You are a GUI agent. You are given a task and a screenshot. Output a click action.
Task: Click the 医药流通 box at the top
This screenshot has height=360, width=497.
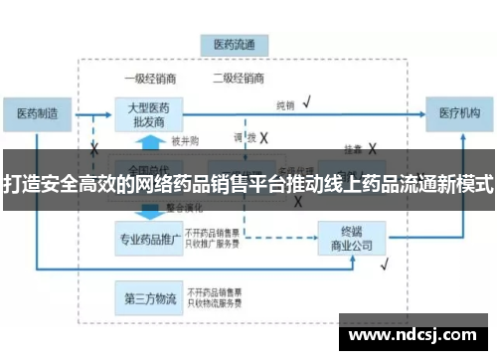pyautogui.click(x=235, y=46)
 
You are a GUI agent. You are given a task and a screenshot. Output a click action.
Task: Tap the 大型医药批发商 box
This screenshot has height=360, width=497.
pyautogui.click(x=147, y=113)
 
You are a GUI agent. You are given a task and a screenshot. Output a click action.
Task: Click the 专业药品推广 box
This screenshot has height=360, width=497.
pyautogui.click(x=147, y=239)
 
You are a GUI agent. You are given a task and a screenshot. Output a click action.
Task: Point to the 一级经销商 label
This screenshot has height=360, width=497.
pyautogui.click(x=147, y=79)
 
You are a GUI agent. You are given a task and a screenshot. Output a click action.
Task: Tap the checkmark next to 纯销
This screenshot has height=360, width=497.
pyautogui.click(x=308, y=101)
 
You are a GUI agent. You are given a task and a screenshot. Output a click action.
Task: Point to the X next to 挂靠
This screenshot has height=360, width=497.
pyautogui.click(x=373, y=147)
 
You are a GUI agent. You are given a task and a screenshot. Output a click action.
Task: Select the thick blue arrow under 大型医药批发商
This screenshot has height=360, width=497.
pyautogui.click(x=147, y=211)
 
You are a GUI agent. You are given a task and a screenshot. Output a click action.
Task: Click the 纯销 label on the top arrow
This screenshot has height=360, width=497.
pyautogui.click(x=285, y=104)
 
